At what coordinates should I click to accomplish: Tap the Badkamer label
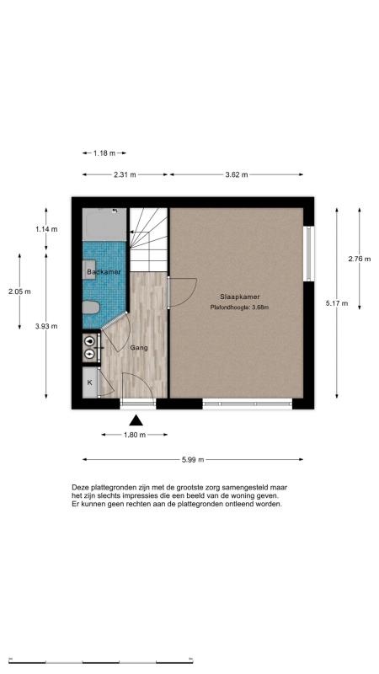(104, 272)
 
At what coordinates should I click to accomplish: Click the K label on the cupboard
(90, 382)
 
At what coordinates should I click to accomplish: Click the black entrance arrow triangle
(136, 420)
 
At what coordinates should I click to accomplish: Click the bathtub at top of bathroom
(104, 224)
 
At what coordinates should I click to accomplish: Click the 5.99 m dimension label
(193, 460)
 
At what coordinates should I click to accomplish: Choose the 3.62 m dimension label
(237, 174)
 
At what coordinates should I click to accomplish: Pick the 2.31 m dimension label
(125, 174)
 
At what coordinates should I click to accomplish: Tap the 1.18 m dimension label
(104, 153)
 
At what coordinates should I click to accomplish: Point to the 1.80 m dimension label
(135, 435)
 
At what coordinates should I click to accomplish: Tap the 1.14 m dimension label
(46, 229)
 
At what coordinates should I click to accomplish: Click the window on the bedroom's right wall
(309, 254)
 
